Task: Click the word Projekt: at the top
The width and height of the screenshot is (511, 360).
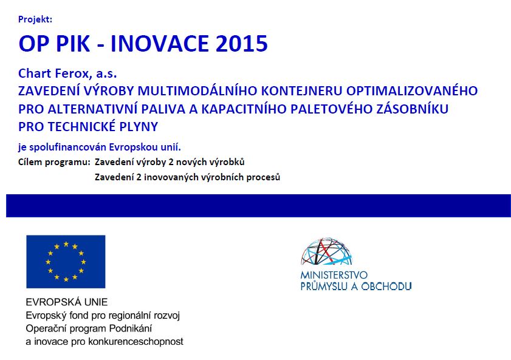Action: point(35,19)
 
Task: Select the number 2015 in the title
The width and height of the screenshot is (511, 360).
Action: point(241,43)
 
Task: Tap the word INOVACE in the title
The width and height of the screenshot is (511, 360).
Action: point(160,43)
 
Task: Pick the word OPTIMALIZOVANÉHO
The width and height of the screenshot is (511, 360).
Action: point(411,90)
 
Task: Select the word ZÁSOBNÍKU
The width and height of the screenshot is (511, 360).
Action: point(412,109)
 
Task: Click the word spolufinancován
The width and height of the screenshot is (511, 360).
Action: point(68,148)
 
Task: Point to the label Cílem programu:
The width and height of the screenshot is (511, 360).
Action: point(54,162)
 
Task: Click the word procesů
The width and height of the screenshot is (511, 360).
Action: point(263,177)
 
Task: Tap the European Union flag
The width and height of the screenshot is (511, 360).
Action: point(66,262)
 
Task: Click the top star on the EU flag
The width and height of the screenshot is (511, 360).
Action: point(66,244)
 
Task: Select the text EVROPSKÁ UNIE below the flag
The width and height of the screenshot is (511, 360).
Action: point(67,302)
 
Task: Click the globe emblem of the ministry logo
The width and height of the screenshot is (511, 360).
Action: point(327,251)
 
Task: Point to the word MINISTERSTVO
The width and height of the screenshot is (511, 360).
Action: point(334,276)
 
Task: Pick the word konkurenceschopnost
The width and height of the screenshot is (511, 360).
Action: point(136,341)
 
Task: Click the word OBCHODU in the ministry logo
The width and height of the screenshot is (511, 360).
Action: point(386,287)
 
